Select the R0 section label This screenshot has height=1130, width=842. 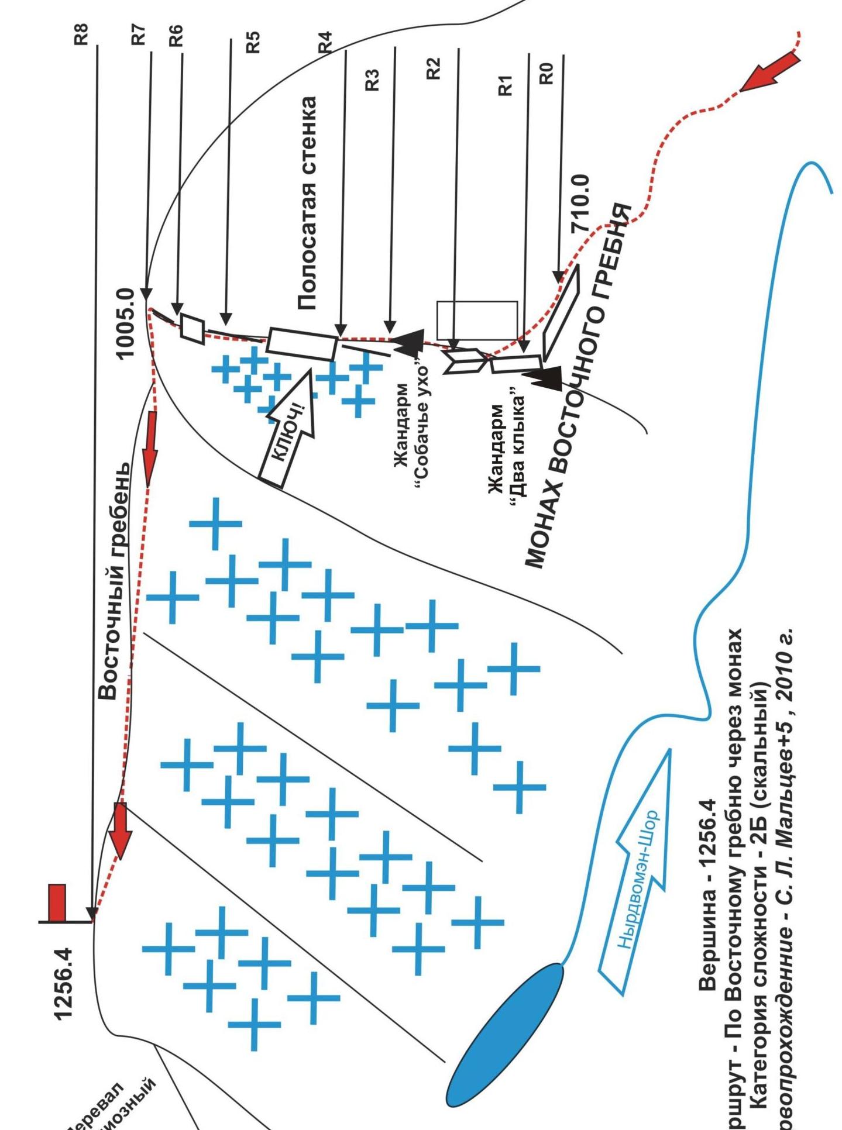click(545, 74)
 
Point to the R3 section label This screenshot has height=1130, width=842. click(372, 80)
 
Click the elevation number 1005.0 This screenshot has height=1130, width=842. click(126, 323)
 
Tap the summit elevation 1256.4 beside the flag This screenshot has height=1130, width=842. click(64, 984)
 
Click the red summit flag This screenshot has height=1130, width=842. click(57, 902)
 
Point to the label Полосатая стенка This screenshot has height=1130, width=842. click(308, 203)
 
